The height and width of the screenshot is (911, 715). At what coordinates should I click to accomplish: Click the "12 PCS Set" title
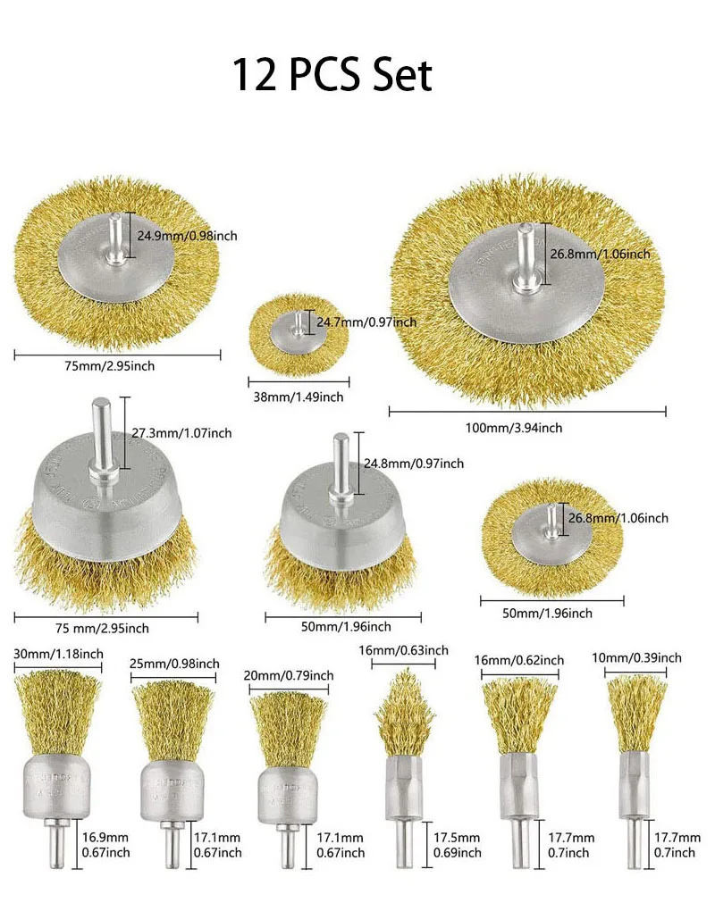332,75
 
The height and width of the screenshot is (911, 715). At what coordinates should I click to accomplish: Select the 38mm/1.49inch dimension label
295,397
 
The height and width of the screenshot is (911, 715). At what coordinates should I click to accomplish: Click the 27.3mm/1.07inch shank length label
181,433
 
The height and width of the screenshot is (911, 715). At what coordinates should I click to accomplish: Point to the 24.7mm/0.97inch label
366,322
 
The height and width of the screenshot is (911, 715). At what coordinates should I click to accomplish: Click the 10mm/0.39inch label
636,658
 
